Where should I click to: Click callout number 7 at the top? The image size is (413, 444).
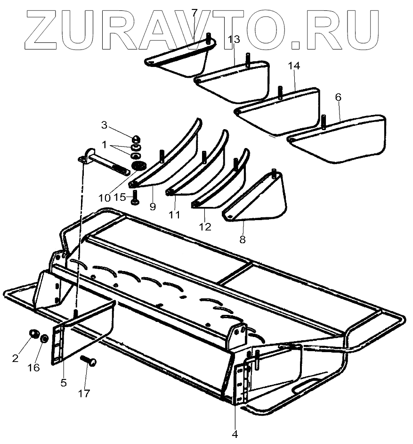tap(194, 13)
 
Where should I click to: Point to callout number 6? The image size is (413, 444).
tap(338, 97)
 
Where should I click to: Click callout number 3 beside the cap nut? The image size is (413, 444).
tap(105, 125)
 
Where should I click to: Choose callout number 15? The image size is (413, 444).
tap(121, 197)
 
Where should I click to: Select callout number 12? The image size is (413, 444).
tap(204, 227)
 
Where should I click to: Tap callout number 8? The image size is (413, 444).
tap(242, 239)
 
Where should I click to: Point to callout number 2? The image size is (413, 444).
tap(15, 358)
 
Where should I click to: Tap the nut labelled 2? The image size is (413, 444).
tap(34, 335)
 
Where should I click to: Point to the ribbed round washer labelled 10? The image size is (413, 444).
tap(139, 166)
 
